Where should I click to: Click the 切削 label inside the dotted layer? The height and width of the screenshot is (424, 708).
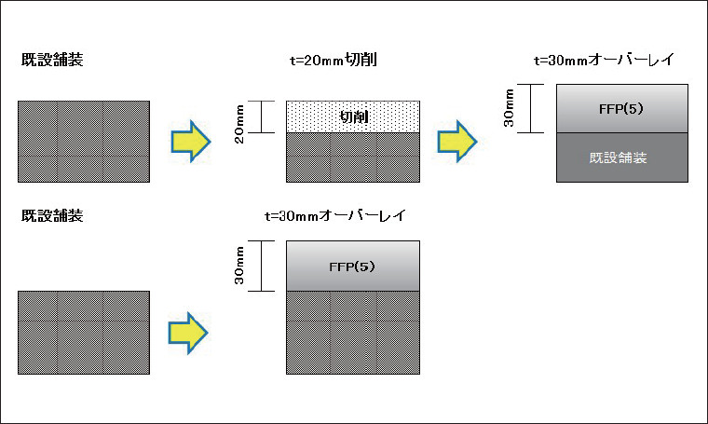pyautogui.click(x=353, y=116)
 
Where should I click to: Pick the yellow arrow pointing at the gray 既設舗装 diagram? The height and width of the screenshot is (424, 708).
pyautogui.click(x=458, y=141)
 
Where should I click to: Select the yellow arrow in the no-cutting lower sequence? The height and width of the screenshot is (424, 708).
pyautogui.click(x=191, y=331)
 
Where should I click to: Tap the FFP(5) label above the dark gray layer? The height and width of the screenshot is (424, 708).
pyautogui.click(x=622, y=108)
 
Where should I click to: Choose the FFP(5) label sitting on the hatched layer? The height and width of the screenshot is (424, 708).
pyautogui.click(x=352, y=267)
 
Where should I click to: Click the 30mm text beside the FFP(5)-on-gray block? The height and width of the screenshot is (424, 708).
pyautogui.click(x=508, y=109)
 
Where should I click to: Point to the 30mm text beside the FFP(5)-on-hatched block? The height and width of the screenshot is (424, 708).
pyautogui.click(x=240, y=267)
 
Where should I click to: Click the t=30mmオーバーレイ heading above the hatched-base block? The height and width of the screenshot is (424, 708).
pyautogui.click(x=334, y=216)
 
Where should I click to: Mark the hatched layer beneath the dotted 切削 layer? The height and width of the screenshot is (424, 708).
pyautogui.click(x=353, y=157)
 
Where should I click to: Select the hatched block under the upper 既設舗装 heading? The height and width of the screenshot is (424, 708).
pyautogui.click(x=84, y=141)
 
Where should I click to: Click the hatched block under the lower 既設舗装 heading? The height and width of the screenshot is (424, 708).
pyautogui.click(x=84, y=332)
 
